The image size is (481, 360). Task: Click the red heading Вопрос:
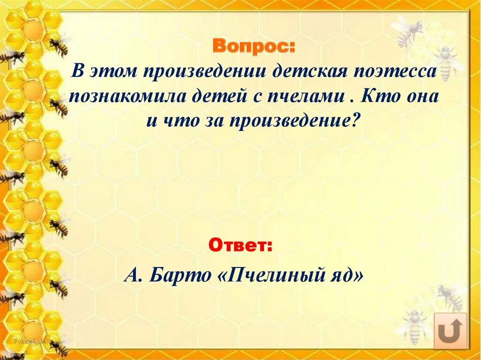[255, 47]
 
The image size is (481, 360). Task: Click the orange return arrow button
[450, 330]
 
